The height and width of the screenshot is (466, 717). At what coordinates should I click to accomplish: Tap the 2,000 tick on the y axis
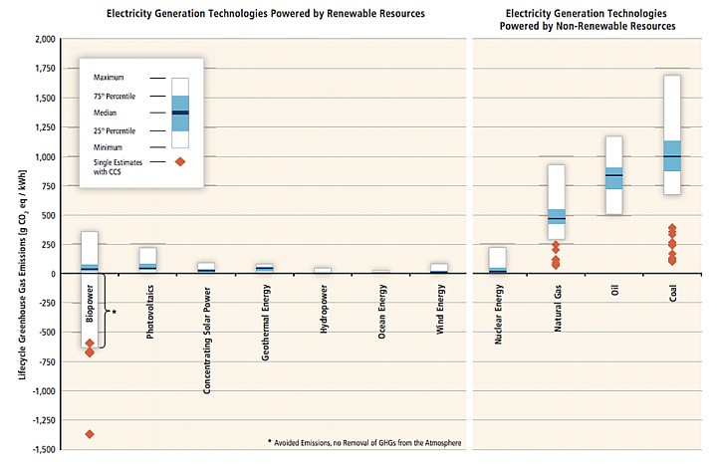[x=41, y=40]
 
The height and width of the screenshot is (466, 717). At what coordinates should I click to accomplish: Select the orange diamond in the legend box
[x=179, y=161]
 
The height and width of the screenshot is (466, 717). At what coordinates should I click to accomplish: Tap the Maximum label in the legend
[x=111, y=77]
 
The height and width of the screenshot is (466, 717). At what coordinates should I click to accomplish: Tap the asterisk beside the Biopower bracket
[x=116, y=312]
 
